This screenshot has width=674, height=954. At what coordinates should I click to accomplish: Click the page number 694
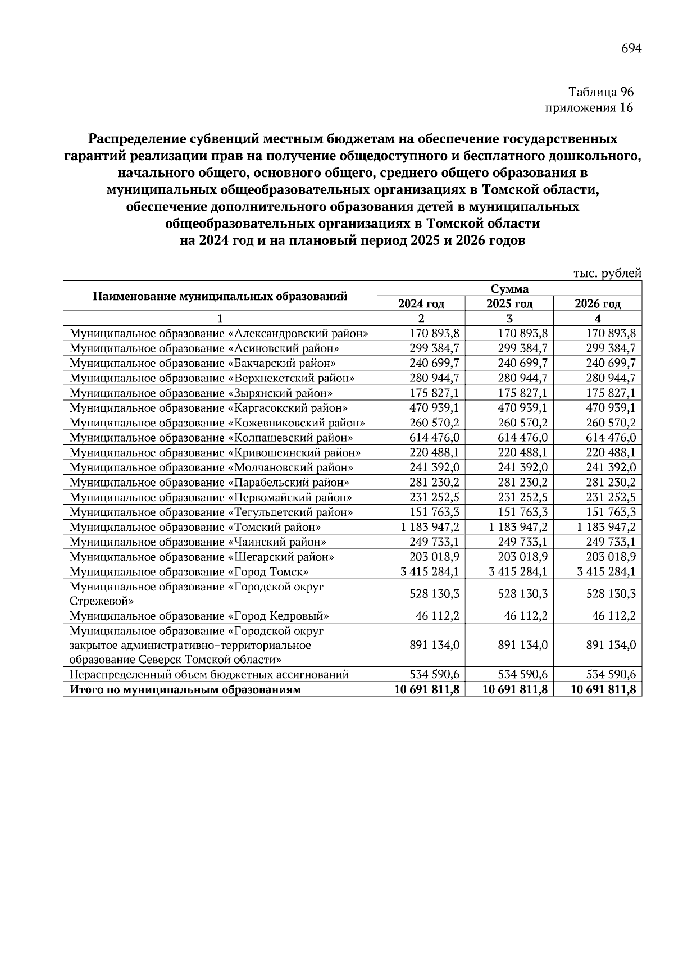click(631, 48)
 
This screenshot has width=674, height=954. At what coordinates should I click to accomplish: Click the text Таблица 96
click(601, 92)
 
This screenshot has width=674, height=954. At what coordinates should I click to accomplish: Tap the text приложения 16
click(589, 108)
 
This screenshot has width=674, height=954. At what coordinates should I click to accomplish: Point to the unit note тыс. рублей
click(607, 274)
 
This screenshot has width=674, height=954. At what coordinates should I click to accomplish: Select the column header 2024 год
click(421, 304)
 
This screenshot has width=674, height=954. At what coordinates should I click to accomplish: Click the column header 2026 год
click(598, 304)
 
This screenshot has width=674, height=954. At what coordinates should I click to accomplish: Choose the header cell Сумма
click(509, 289)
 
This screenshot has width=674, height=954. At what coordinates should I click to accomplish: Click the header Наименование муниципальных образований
click(220, 296)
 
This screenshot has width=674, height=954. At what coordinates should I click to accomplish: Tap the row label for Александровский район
click(219, 333)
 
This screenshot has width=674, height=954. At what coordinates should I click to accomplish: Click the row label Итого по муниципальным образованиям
click(185, 689)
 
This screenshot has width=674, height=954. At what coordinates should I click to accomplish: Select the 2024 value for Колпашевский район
click(434, 438)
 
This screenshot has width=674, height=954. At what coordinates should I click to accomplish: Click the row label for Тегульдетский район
click(211, 512)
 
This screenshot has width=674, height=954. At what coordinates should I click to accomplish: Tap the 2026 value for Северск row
click(611, 646)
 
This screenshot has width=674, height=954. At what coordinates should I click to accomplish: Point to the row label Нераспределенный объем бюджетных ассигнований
click(209, 674)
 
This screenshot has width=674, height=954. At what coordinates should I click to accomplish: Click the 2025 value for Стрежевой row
click(522, 594)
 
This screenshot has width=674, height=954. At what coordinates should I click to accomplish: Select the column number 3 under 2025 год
click(509, 319)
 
